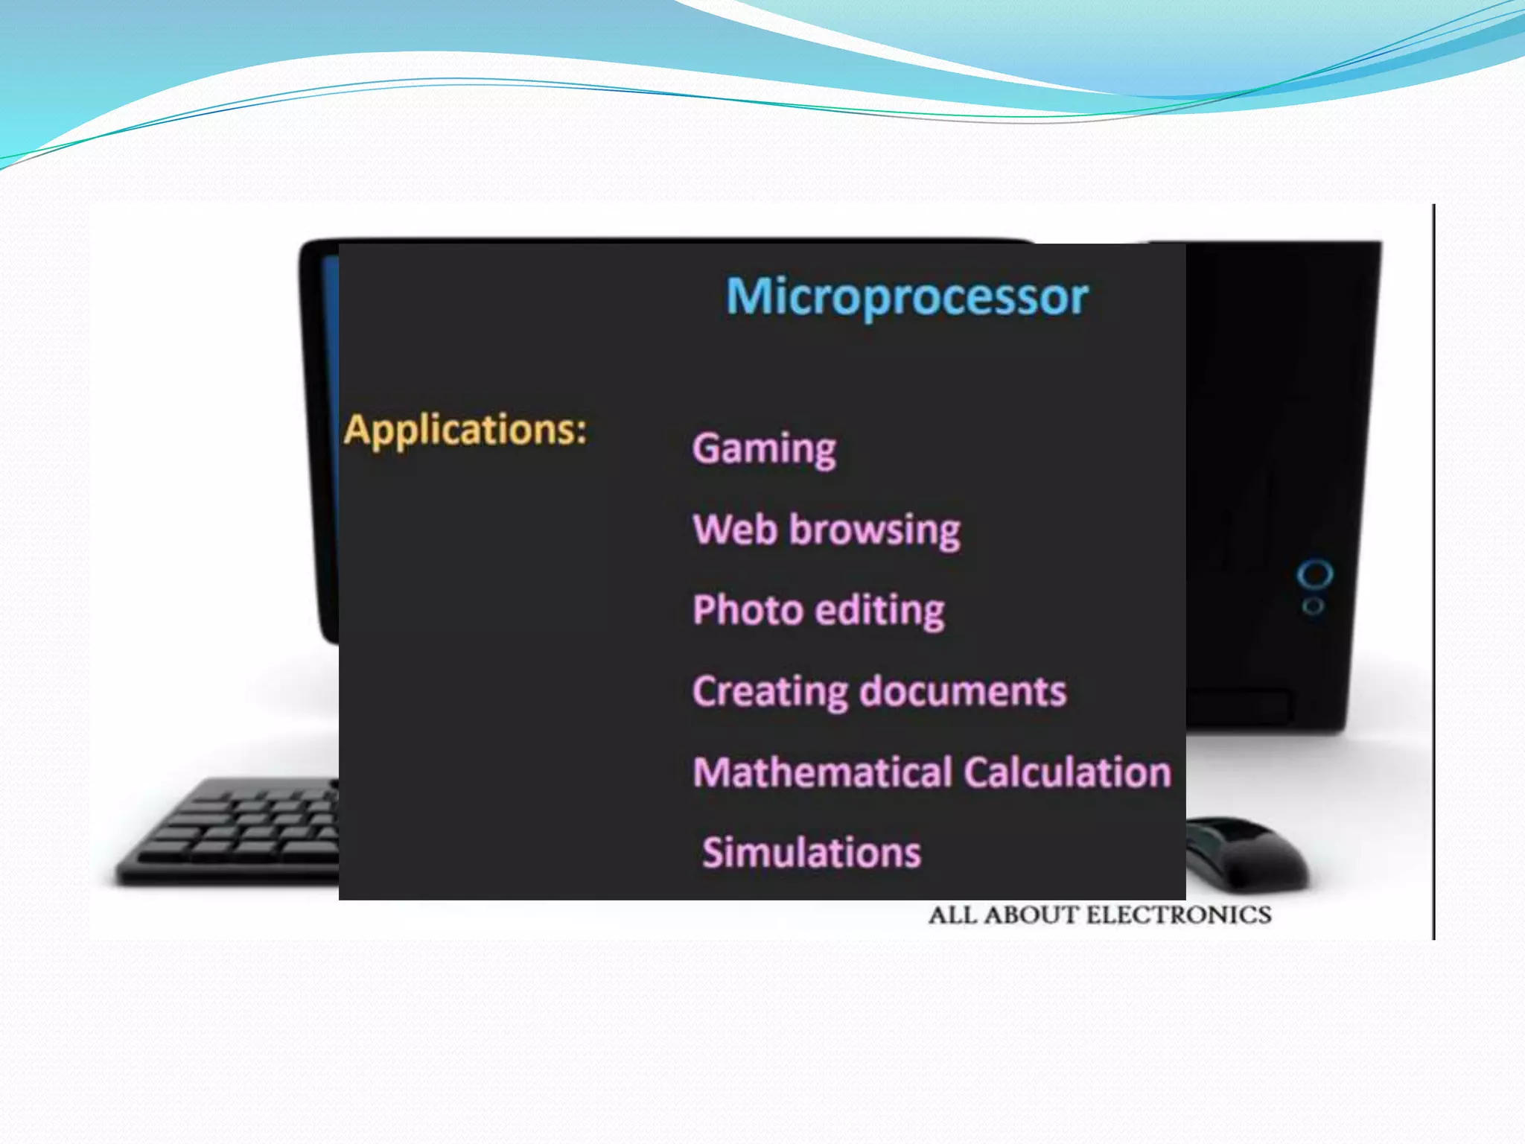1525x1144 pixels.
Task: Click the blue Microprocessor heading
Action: [x=907, y=297]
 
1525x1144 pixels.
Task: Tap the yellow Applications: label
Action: [x=465, y=430]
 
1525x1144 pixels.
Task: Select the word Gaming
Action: [x=764, y=449]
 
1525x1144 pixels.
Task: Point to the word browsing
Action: [x=875, y=530]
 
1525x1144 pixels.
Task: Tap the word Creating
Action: [x=770, y=692]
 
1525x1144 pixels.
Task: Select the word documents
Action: [x=964, y=691]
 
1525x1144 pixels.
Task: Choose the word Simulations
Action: [x=812, y=853]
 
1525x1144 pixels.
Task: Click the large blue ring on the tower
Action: [x=1314, y=575]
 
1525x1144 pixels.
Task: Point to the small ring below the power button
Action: [x=1313, y=606]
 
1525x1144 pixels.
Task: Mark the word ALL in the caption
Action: [x=952, y=915]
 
